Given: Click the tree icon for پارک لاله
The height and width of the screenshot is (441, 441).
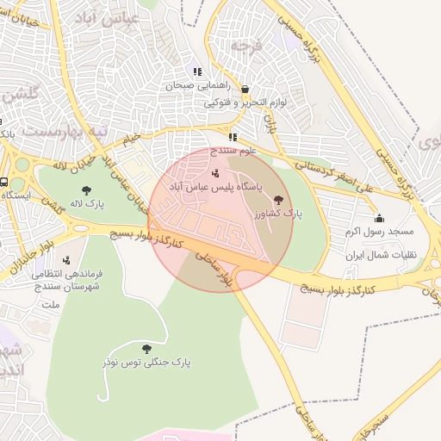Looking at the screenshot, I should (x=84, y=190).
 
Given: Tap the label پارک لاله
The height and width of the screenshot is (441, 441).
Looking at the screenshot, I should (x=89, y=204).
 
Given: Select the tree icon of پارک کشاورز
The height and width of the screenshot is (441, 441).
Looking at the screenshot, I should (x=276, y=198).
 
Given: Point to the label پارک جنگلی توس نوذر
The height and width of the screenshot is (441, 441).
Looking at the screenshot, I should (x=146, y=363).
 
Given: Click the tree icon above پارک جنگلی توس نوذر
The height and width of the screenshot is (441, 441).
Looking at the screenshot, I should (x=146, y=349).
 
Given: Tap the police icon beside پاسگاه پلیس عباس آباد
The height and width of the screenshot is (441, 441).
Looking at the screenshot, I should (x=214, y=173).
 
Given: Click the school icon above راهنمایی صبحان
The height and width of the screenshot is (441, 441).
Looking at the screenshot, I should (x=197, y=72).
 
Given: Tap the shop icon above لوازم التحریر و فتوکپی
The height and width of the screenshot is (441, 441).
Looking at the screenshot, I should (x=245, y=89).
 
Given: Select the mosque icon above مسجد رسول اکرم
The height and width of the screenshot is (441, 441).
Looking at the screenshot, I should (x=379, y=218).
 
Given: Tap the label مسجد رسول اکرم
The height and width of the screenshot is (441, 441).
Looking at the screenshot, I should (x=379, y=232).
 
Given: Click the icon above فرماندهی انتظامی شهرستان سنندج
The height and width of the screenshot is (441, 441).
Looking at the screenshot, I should (x=66, y=260).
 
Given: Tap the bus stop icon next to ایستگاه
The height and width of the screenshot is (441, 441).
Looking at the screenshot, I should (x=4, y=183).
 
